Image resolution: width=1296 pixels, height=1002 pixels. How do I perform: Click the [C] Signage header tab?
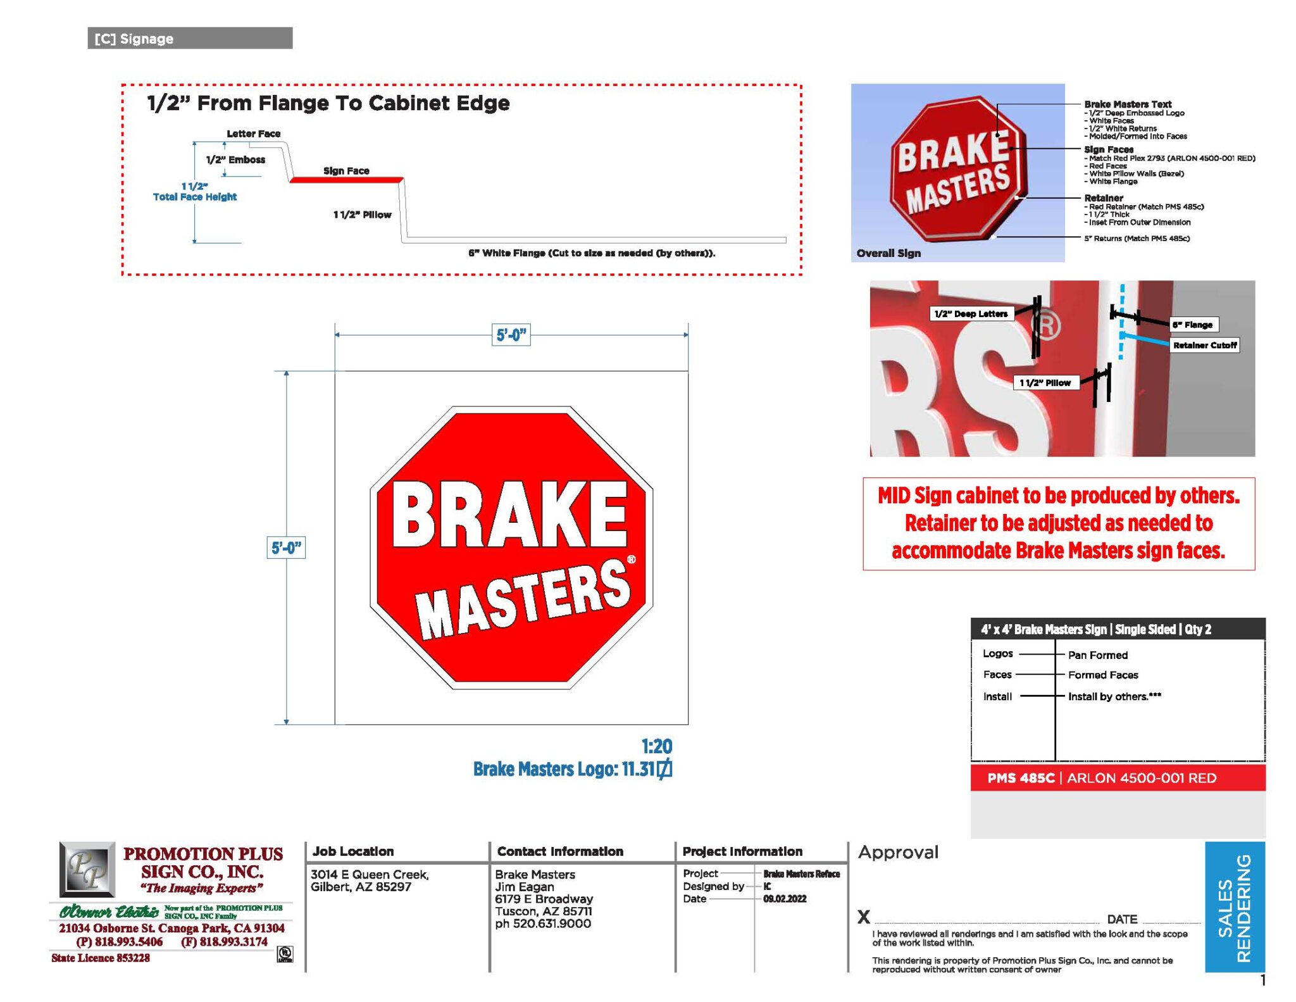189,39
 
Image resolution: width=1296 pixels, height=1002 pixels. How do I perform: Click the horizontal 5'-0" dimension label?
511,335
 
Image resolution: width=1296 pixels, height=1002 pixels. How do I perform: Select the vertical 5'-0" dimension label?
286,548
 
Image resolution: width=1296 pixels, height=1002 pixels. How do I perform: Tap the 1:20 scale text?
656,746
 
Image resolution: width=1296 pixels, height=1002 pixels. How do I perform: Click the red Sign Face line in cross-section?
346,180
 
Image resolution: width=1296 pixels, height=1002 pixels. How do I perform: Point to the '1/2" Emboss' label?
235,160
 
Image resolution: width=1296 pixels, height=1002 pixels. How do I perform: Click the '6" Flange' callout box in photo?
1193,325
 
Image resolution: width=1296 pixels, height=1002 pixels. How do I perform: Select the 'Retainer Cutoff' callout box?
1204,345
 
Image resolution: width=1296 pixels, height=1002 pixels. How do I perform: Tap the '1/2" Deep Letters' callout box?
971,314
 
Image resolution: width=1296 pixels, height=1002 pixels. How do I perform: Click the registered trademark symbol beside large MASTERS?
631,559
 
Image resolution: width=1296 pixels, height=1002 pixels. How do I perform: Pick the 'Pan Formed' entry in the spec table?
1098,655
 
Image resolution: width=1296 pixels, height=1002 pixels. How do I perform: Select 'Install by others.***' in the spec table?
1114,696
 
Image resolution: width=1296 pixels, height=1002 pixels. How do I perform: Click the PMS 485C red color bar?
1118,778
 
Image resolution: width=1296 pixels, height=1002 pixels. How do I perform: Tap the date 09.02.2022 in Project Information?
785,899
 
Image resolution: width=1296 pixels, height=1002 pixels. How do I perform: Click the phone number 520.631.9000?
543,924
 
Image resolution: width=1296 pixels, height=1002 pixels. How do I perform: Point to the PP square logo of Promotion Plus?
87,869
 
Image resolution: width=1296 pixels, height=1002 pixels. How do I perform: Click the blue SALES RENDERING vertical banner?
1235,906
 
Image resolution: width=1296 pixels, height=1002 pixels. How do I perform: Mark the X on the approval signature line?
864,917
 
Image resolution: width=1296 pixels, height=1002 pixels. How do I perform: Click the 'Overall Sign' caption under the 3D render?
888,253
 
